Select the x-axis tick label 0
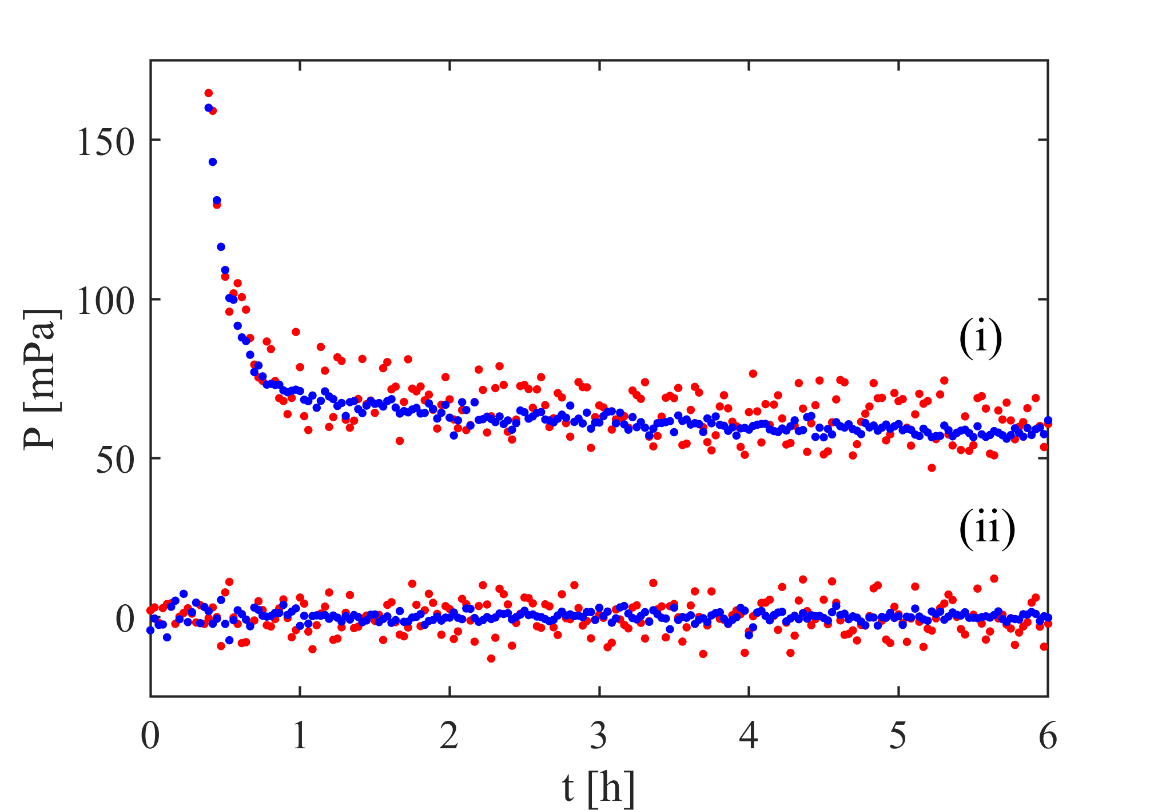[x=150, y=736]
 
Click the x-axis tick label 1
[x=300, y=736]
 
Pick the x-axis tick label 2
[x=449, y=736]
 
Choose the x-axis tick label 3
[x=599, y=736]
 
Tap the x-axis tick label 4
[x=749, y=736]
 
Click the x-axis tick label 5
[x=898, y=736]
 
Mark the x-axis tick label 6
[x=1048, y=736]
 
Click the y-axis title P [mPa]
[x=42, y=380]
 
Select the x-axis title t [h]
[x=598, y=788]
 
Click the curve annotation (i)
[x=980, y=338]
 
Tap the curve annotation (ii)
[x=987, y=529]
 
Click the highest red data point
[x=209, y=93]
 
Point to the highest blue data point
[x=209, y=108]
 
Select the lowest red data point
[x=491, y=659]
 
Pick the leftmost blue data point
[x=150, y=630]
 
